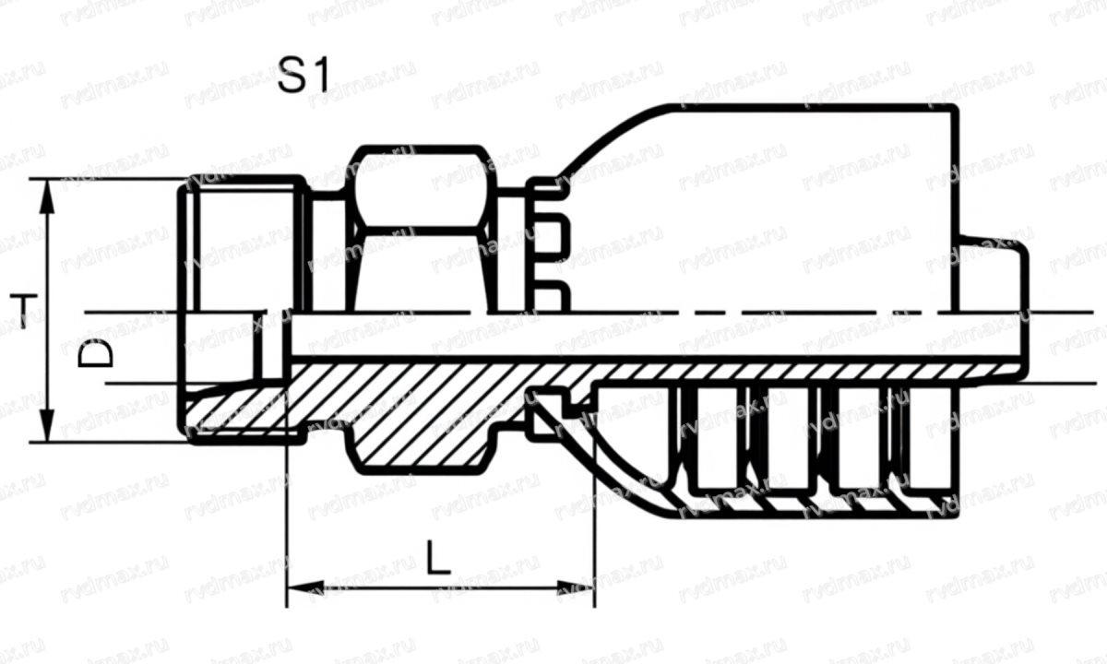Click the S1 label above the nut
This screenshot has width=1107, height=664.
tap(304, 77)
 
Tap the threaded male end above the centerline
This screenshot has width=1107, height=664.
tap(244, 244)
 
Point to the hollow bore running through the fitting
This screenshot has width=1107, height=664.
tap(646, 337)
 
